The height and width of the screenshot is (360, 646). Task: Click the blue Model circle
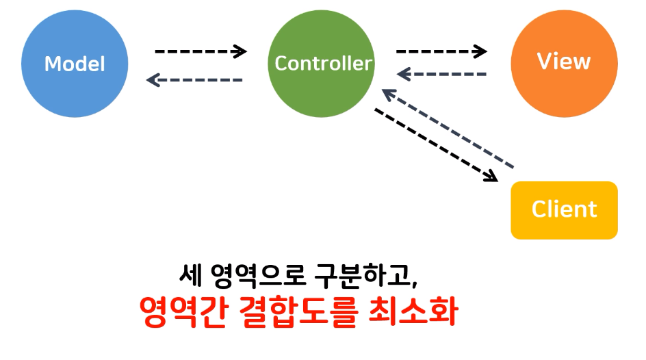75,64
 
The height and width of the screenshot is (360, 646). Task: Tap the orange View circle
564,62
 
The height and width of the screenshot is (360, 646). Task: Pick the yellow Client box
564,209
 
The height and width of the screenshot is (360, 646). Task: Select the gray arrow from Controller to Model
195,80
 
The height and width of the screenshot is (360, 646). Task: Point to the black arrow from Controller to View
441,51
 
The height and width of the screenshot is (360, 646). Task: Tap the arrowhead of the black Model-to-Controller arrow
240,51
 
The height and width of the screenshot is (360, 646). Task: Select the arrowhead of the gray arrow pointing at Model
153,80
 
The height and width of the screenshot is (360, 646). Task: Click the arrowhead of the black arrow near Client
491,177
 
